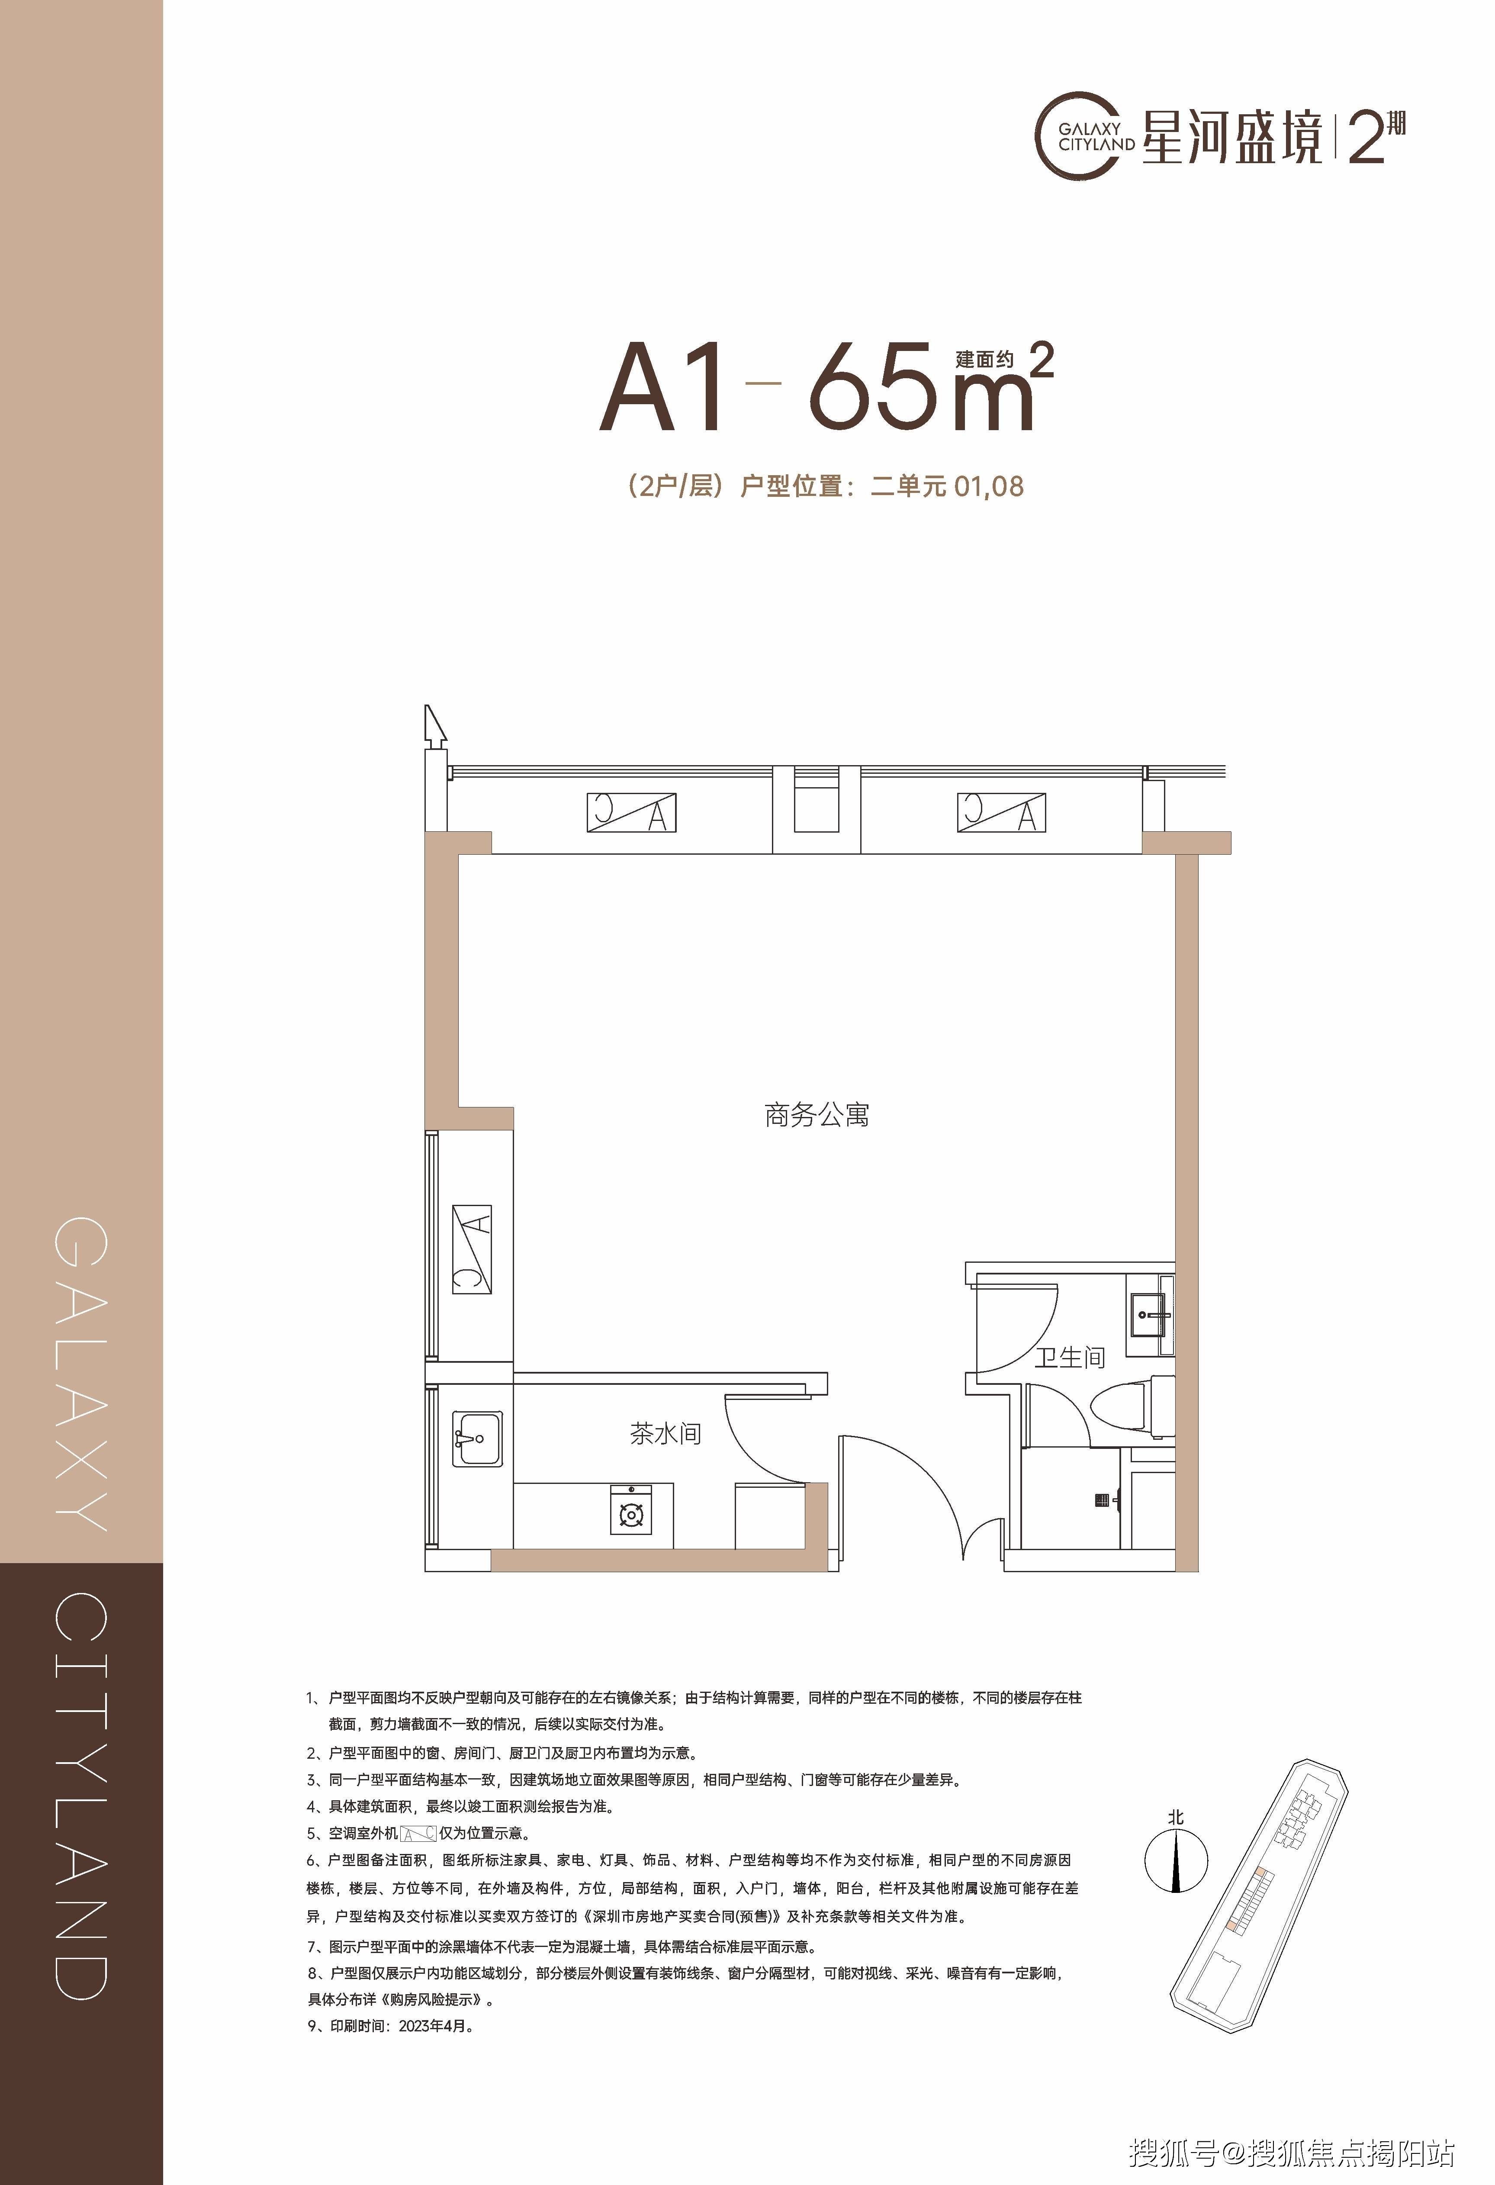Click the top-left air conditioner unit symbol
(x=632, y=812)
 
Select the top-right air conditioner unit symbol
(x=1001, y=812)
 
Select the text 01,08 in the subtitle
(x=988, y=487)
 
